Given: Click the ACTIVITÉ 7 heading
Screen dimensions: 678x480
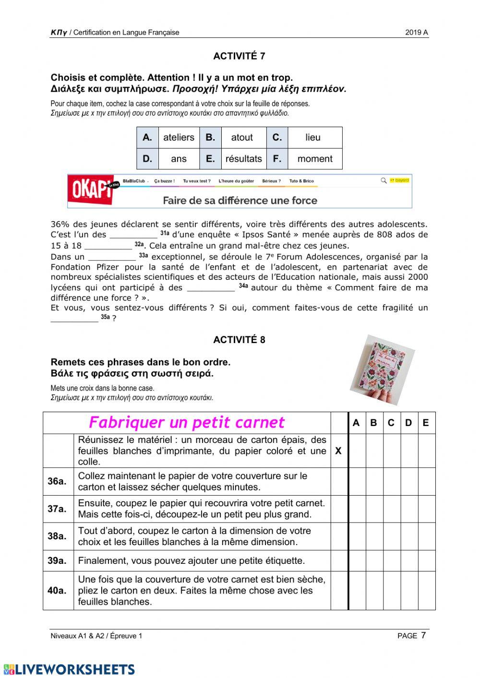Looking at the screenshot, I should tap(239, 56).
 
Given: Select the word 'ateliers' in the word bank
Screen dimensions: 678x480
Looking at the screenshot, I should tap(179, 137).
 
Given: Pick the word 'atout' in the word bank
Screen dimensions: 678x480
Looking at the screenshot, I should tap(241, 137).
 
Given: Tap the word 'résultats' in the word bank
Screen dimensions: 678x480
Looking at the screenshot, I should tap(243, 159).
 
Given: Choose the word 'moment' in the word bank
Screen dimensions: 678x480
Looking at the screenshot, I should tap(314, 159).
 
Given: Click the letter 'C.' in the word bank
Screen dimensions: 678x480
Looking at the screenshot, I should tap(277, 137).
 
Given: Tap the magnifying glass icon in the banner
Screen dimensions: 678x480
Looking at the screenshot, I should tap(383, 181).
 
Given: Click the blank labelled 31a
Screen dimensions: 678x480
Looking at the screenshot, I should tap(133, 235).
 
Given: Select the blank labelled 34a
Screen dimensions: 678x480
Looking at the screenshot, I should tap(210, 288).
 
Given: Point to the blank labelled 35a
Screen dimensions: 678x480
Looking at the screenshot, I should tap(74, 318).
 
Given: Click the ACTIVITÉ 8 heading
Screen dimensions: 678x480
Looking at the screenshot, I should tap(239, 340).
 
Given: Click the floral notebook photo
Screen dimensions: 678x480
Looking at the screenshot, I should tap(382, 370).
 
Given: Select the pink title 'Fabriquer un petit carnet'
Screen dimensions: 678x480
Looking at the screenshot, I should tap(186, 423).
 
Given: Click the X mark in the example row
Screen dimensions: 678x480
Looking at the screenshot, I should tap(338, 451).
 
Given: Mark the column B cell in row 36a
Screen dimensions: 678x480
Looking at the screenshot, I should tap(374, 482).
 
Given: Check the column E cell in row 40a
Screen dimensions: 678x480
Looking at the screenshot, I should tap(426, 591).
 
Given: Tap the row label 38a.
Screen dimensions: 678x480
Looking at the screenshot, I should tap(57, 536).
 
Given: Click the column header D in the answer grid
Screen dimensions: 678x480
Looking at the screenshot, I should tap(408, 423).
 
